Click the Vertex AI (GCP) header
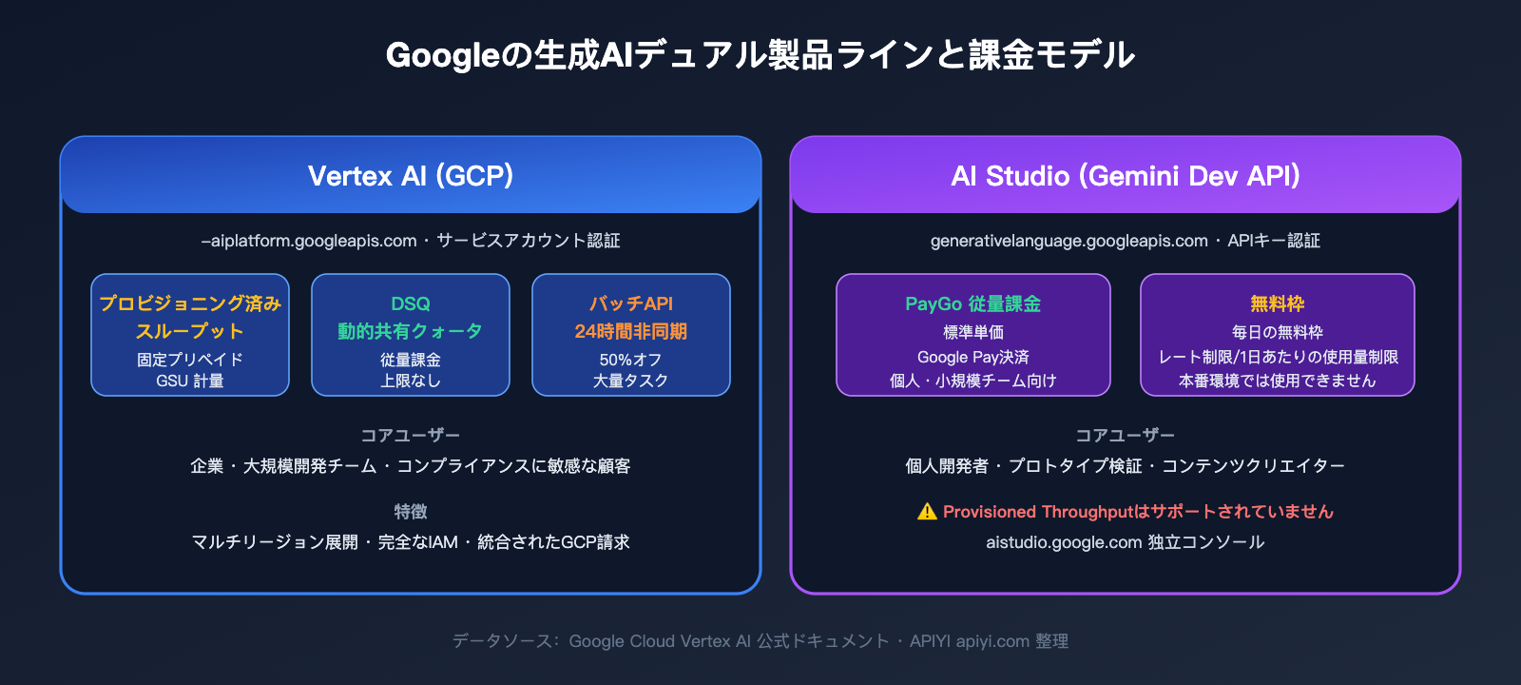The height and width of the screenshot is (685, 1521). (411, 176)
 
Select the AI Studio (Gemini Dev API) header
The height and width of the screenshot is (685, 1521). (1126, 176)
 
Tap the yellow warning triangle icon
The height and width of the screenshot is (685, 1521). (927, 512)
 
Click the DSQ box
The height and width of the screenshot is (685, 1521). (411, 335)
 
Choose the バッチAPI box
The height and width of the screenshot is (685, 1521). (631, 335)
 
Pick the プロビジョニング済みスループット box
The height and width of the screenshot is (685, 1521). (190, 335)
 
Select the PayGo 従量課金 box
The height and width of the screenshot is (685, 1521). (973, 335)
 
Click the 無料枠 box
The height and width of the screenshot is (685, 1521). (1278, 335)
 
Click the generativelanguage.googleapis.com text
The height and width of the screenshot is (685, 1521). (1069, 241)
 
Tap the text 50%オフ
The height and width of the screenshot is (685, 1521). (630, 360)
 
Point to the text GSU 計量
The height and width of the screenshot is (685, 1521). (190, 381)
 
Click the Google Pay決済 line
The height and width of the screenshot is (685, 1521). (973, 357)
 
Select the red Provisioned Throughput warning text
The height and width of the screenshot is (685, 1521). (1138, 512)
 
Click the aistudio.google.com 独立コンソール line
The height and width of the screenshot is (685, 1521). (1126, 542)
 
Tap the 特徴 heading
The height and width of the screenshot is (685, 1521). (411, 512)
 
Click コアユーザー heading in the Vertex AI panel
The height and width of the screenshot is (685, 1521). (411, 436)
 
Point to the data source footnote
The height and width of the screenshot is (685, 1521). (760, 641)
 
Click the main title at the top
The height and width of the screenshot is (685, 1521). (760, 55)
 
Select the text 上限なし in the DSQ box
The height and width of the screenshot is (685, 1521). (411, 381)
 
